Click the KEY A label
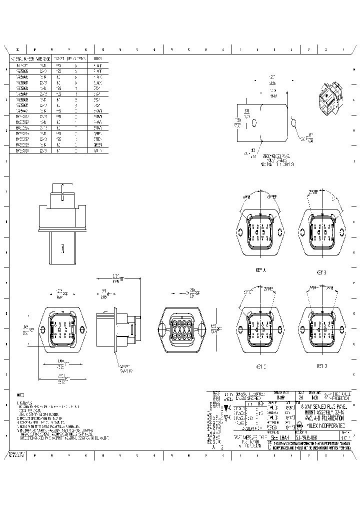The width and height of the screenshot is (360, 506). (260, 270)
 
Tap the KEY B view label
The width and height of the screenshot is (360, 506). (321, 272)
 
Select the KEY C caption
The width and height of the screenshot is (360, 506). (260, 366)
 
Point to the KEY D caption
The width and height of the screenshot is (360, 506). (321, 366)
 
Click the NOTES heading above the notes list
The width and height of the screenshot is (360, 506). (20, 394)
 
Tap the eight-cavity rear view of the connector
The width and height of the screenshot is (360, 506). (179, 327)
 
